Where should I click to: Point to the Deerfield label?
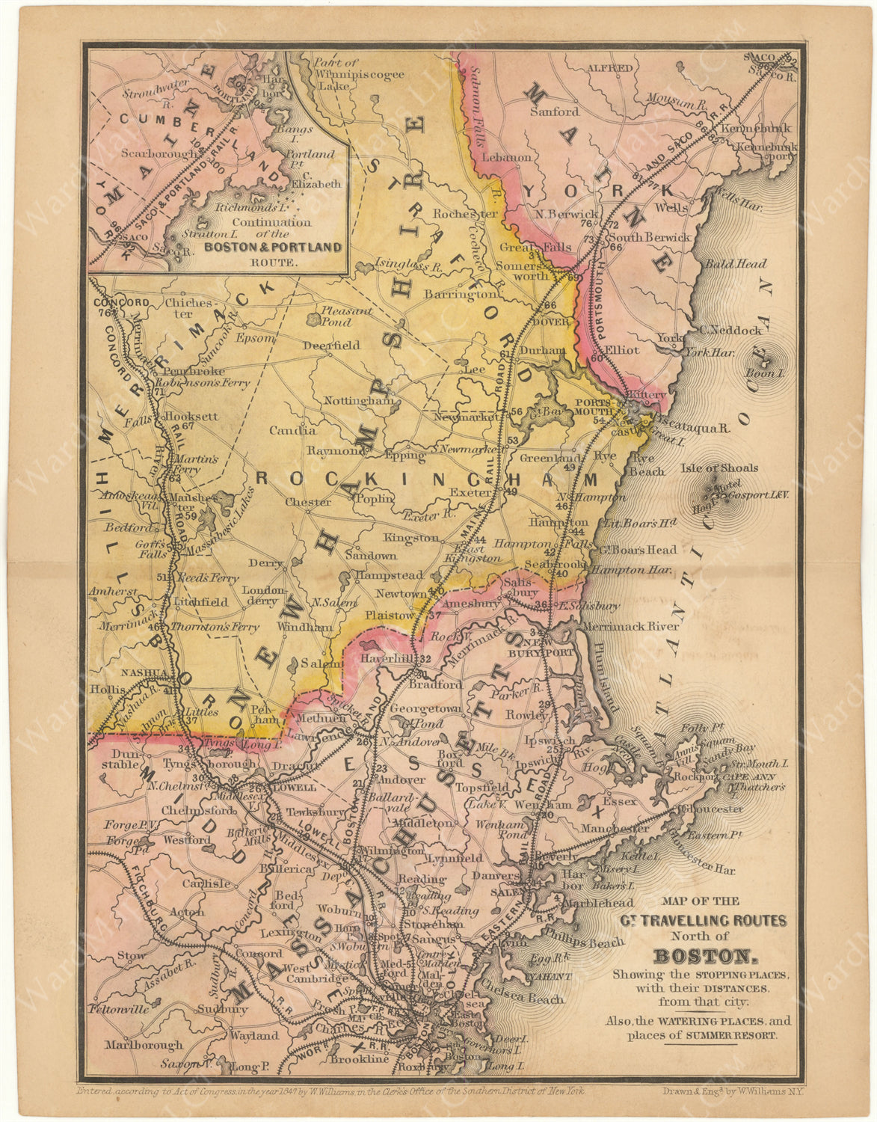click(x=331, y=346)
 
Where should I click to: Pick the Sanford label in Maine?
click(x=554, y=112)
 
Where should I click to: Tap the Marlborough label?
click(x=144, y=1046)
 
